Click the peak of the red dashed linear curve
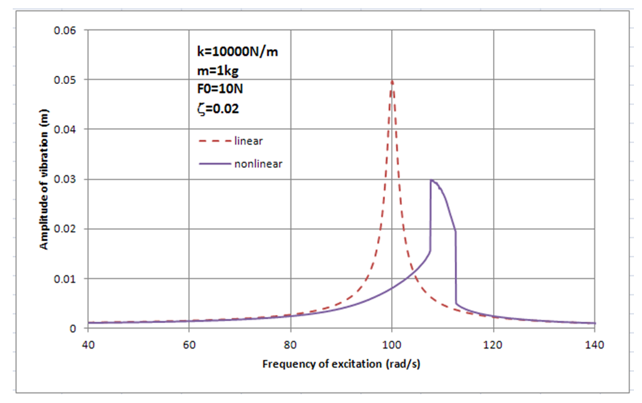pos(392,81)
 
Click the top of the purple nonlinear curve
pos(431,180)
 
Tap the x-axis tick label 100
pos(392,345)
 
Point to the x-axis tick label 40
pos(88,345)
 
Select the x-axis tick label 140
pos(595,345)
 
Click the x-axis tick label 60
pos(189,345)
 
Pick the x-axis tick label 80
pos(290,345)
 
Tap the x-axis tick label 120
pos(494,345)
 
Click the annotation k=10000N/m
pos(228,52)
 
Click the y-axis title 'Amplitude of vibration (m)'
pos(44,179)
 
